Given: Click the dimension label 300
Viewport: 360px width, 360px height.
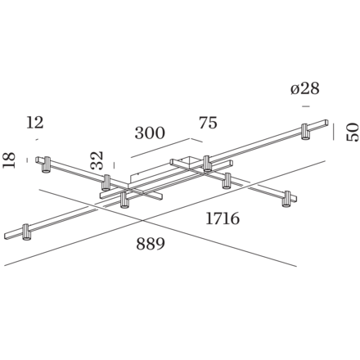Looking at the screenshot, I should tap(150, 133).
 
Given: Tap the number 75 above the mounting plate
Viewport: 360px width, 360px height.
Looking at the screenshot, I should tap(209, 124).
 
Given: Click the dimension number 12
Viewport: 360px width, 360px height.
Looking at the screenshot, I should tap(35, 122).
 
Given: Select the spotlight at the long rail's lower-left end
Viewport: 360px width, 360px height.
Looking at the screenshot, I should tap(27, 232).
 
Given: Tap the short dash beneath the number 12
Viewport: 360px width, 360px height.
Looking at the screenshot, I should tap(36, 139).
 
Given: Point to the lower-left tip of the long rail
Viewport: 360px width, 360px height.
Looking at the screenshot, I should tap(9, 239).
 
